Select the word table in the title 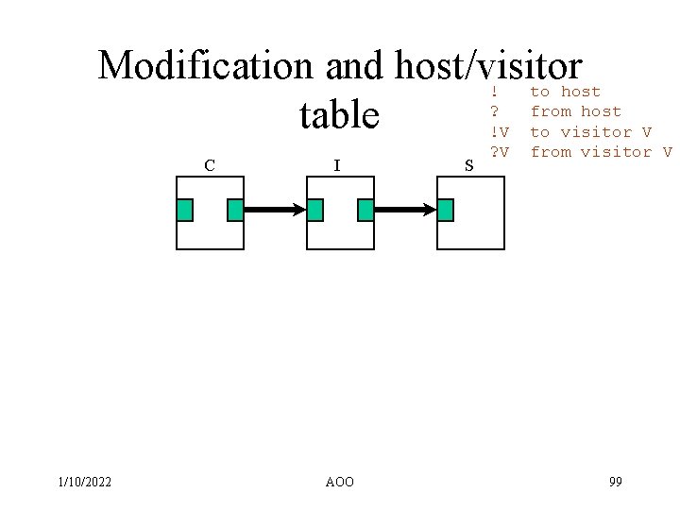pyautogui.click(x=339, y=116)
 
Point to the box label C pyautogui.click(x=209, y=166)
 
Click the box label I pyautogui.click(x=337, y=166)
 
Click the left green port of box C pyautogui.click(x=185, y=210)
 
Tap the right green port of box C pyautogui.click(x=236, y=210)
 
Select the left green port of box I pyautogui.click(x=315, y=210)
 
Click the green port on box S pyautogui.click(x=446, y=210)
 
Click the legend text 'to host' pyautogui.click(x=565, y=92)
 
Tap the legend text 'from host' pyautogui.click(x=575, y=111)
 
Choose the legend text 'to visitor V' pyautogui.click(x=590, y=132)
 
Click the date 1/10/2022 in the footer pyautogui.click(x=85, y=483)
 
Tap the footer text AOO pyautogui.click(x=339, y=483)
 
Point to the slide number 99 pyautogui.click(x=615, y=483)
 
